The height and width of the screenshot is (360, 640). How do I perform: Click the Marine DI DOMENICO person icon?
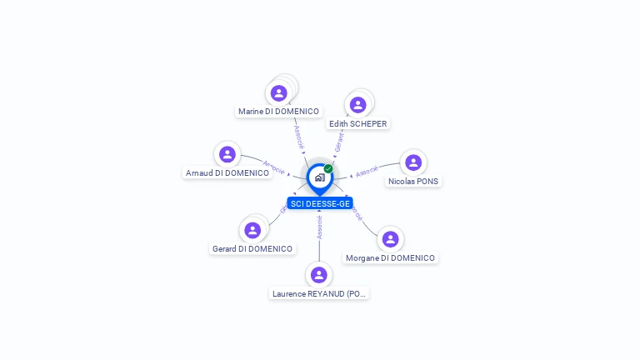pyautogui.click(x=279, y=92)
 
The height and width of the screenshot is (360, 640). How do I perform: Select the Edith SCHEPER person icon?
pyautogui.click(x=358, y=105)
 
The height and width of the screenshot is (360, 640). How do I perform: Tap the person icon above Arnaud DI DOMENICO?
pyautogui.click(x=227, y=154)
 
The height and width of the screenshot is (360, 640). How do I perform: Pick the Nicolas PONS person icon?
pyautogui.click(x=413, y=162)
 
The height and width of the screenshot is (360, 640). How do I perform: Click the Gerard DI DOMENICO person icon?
pyautogui.click(x=252, y=230)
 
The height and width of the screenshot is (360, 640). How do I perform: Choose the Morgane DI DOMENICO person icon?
pyautogui.click(x=390, y=239)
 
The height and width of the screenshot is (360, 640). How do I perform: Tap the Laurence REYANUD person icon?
pyautogui.click(x=318, y=275)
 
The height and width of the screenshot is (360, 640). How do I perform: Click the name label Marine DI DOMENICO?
pyautogui.click(x=278, y=111)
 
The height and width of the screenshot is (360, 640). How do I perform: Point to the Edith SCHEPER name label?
pyautogui.click(x=358, y=123)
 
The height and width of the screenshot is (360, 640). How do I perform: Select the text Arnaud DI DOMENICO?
pyautogui.click(x=227, y=173)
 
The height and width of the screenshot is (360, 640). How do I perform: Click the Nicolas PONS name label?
pyautogui.click(x=413, y=181)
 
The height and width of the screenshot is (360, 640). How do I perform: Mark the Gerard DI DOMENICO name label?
pyautogui.click(x=252, y=248)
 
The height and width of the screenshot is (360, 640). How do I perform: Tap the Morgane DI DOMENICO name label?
pyautogui.click(x=390, y=258)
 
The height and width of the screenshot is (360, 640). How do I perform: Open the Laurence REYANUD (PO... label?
pyautogui.click(x=319, y=293)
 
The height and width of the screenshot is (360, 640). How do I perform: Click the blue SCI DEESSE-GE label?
pyautogui.click(x=320, y=203)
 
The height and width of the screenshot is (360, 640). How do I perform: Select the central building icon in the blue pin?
pyautogui.click(x=319, y=177)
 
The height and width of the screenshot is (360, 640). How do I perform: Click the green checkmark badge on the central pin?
pyautogui.click(x=328, y=168)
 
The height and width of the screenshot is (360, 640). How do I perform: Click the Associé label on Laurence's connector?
pyautogui.click(x=319, y=227)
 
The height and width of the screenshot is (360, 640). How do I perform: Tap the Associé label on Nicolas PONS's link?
pyautogui.click(x=367, y=172)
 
